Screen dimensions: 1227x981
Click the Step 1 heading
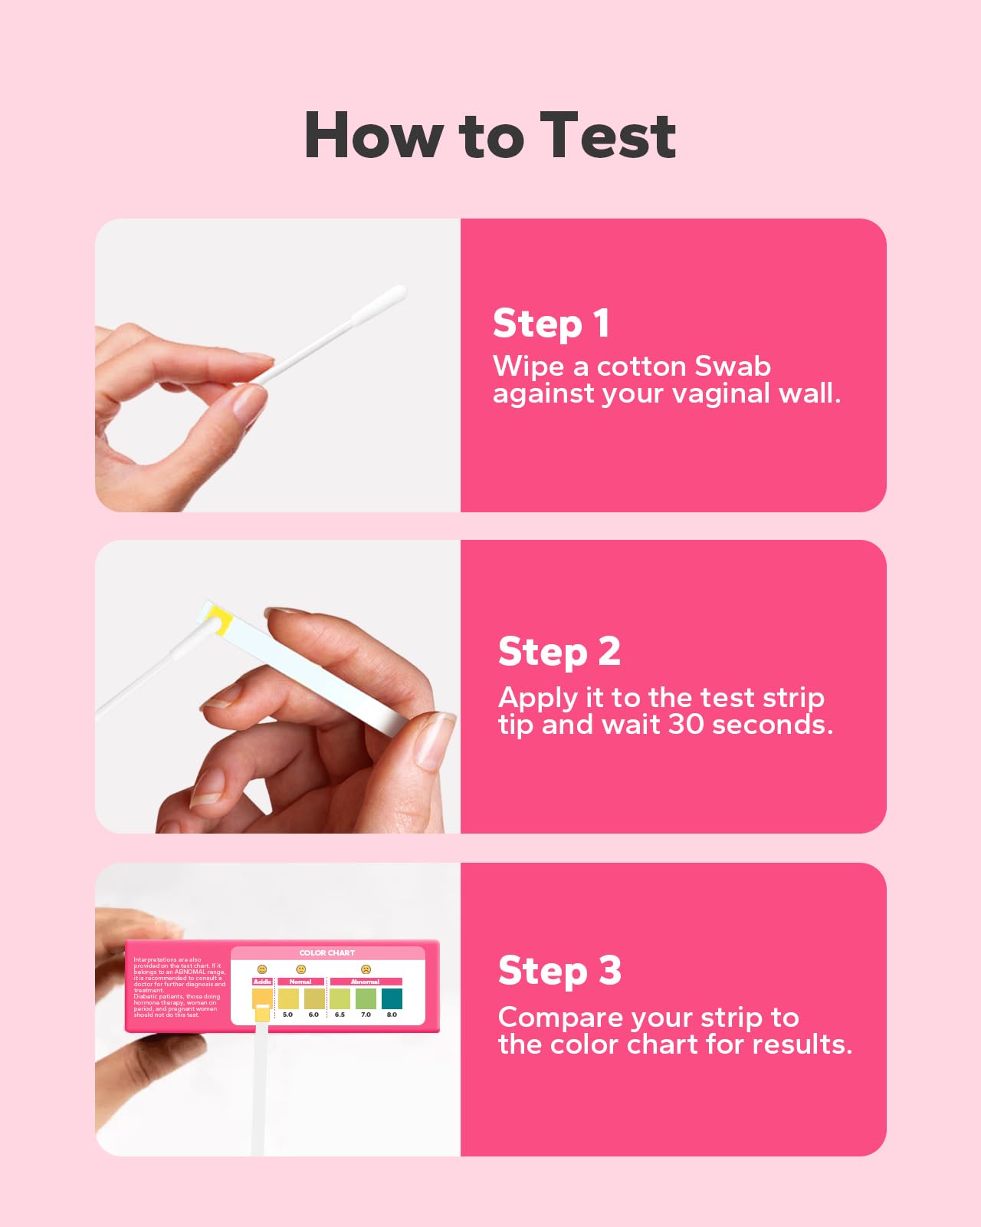[x=551, y=323]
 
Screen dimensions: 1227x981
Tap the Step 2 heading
[x=559, y=651]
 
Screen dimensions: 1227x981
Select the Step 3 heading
[x=559, y=970]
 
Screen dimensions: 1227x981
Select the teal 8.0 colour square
[x=392, y=998]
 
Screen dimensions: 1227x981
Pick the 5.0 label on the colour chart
[x=287, y=1015]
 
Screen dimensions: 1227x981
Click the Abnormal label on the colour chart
[x=366, y=982]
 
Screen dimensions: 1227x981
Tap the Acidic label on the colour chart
[x=262, y=982]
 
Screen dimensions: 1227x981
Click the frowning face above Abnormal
[x=366, y=969]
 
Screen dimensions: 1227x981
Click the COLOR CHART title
[x=327, y=953]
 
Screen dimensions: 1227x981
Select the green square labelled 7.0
[x=366, y=998]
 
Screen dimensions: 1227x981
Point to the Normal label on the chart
[x=300, y=982]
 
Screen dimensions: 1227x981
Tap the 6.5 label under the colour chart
[x=340, y=1015]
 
